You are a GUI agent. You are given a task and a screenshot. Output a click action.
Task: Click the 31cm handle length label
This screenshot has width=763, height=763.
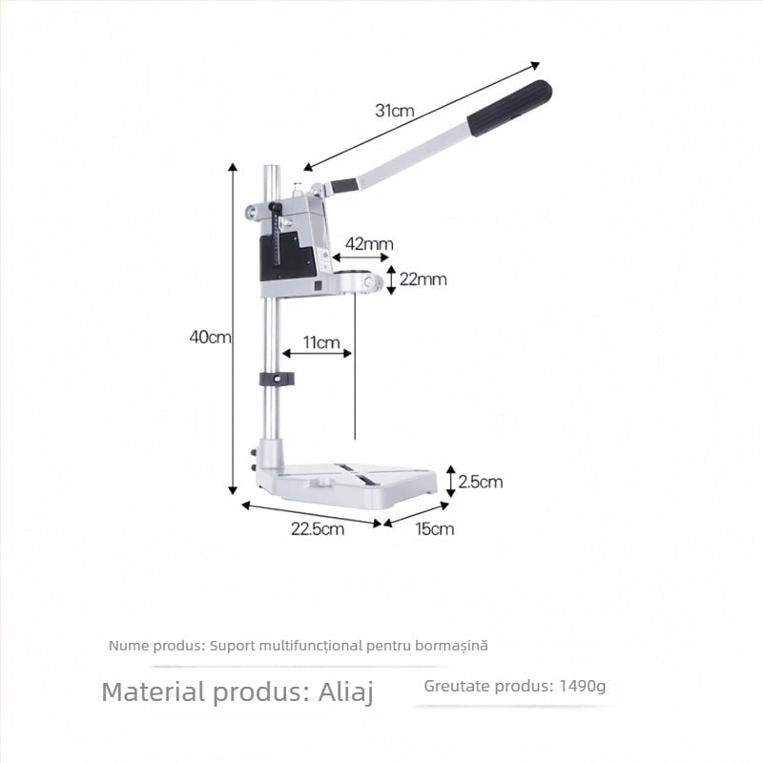coord(395,111)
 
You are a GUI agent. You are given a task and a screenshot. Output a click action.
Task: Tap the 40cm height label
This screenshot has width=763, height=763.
coord(210,337)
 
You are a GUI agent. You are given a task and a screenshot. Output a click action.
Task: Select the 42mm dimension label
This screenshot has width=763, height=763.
coord(369,244)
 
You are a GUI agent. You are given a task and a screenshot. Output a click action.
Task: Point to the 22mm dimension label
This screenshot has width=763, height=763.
coord(423,279)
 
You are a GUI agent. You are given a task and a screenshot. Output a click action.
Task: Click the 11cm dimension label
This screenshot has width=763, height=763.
coord(321,342)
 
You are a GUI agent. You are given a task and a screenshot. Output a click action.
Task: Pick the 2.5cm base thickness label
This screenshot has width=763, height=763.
coord(481,482)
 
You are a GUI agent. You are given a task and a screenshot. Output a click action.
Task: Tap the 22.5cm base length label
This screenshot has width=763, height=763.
coord(318,529)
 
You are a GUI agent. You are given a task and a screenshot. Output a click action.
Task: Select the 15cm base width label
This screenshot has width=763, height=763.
coord(435,529)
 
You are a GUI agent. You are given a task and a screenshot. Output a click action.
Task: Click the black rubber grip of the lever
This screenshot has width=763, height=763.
coord(509,108)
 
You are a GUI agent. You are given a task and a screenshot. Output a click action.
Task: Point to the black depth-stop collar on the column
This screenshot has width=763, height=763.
coord(277,379)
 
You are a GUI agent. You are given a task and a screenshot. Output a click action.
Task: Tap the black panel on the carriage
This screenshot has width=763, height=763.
coord(287,257)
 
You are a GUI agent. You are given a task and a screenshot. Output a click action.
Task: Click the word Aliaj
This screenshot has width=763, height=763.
coord(346,692)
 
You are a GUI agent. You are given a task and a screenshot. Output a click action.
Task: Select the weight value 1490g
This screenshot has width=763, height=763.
coord(583,686)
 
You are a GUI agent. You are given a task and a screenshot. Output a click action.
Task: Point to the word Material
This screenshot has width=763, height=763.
coord(154,691)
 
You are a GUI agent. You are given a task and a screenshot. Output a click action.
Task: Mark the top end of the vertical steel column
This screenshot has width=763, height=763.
coord(272,167)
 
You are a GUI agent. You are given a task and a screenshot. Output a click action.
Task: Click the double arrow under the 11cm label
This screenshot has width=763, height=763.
coord(317,353)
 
